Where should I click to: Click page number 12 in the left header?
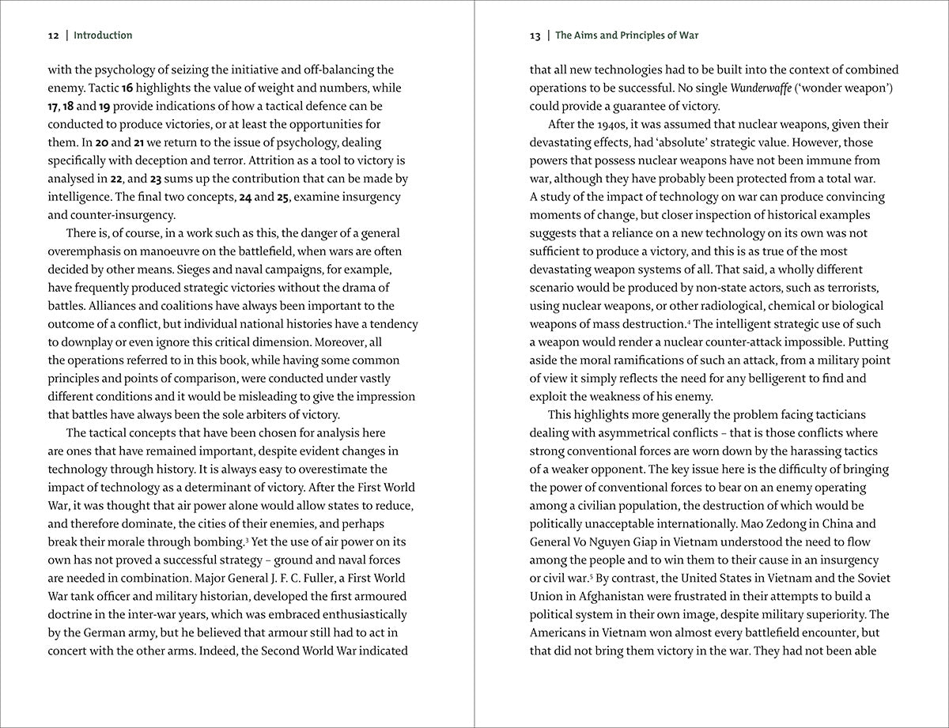pos(53,36)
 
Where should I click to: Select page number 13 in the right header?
pos(535,36)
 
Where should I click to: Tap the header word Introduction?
pos(103,36)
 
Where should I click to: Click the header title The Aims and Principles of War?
pos(626,36)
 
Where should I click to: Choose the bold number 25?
pos(282,198)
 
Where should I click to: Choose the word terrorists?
pos(849,288)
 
